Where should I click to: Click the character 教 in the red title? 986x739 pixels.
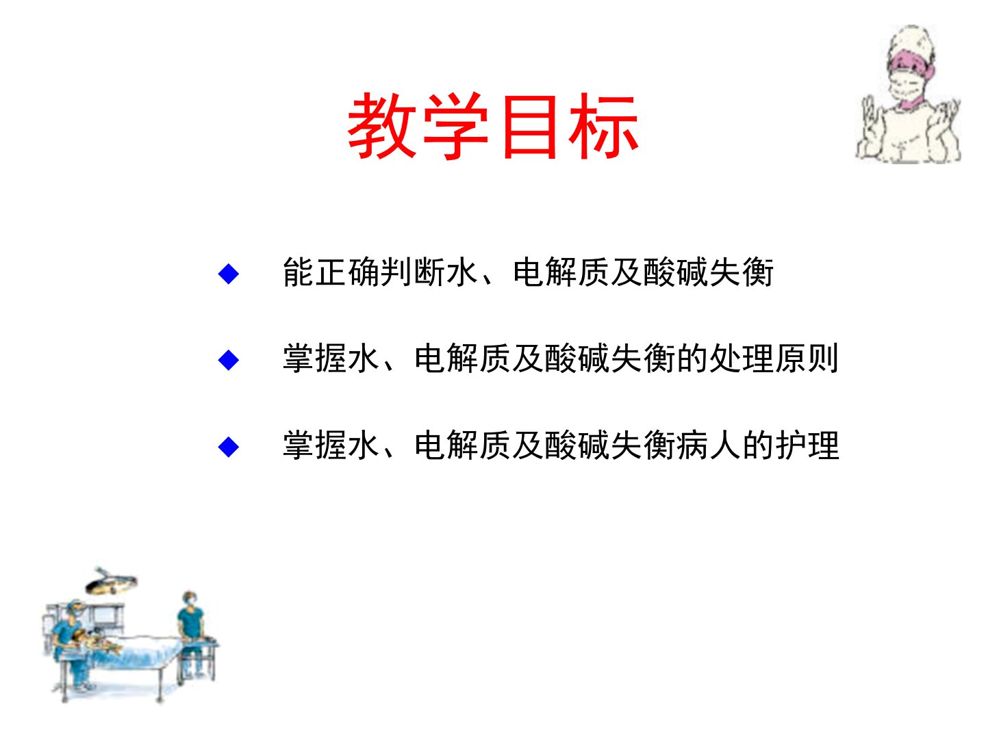pyautogui.click(x=382, y=126)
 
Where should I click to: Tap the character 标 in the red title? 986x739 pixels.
pyautogui.click(x=603, y=126)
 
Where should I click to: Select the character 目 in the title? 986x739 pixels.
pyautogui.click(x=531, y=127)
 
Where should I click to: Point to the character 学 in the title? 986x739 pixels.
pyautogui.click(x=456, y=126)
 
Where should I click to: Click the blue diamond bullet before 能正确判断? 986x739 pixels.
pyautogui.click(x=228, y=274)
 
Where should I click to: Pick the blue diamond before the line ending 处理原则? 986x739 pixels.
pyautogui.click(x=228, y=361)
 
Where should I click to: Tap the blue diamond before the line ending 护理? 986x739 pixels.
pyautogui.click(x=228, y=447)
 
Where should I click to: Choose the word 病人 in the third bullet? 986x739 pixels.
pyautogui.click(x=709, y=445)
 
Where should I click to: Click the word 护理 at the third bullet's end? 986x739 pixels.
pyautogui.click(x=807, y=445)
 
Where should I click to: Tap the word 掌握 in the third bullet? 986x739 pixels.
pyautogui.click(x=315, y=445)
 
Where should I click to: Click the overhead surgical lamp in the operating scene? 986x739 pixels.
pyautogui.click(x=111, y=582)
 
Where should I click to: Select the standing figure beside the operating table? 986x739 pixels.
pyautogui.click(x=191, y=633)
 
